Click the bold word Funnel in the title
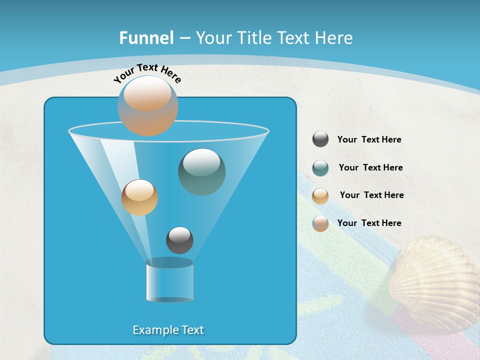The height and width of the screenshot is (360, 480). pos(146,38)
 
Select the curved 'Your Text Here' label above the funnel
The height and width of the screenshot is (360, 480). pos(147,72)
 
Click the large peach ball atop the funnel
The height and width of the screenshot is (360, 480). pos(147,105)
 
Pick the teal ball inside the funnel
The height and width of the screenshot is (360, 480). pos(201,171)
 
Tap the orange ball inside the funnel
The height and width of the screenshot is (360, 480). pos(139,197)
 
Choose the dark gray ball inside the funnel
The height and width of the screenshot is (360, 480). pos(179,240)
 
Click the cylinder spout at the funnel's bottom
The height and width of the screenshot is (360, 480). pos(169,280)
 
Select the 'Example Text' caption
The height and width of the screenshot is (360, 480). pos(168,330)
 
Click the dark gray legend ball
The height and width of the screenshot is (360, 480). pos(320,139)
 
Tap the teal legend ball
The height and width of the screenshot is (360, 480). pos(320,168)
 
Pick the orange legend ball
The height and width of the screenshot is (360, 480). pos(320,196)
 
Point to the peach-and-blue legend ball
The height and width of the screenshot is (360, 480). pos(320,223)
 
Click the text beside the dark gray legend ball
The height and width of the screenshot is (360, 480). pos(369,140)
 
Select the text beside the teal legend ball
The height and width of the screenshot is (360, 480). pos(370,168)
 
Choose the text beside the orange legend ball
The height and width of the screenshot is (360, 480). pos(371,195)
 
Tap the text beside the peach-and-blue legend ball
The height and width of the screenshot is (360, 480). pos(369,223)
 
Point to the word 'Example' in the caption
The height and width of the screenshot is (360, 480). pos(152,330)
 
